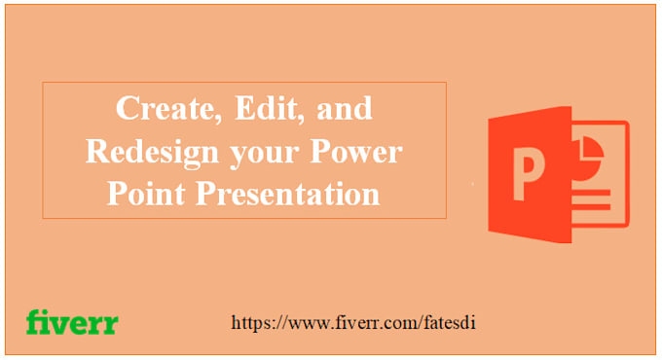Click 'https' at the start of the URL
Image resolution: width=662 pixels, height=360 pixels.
coord(251,322)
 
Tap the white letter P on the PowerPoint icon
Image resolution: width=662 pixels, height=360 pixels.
coord(526,171)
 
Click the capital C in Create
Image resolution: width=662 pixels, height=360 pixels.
coord(127,110)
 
